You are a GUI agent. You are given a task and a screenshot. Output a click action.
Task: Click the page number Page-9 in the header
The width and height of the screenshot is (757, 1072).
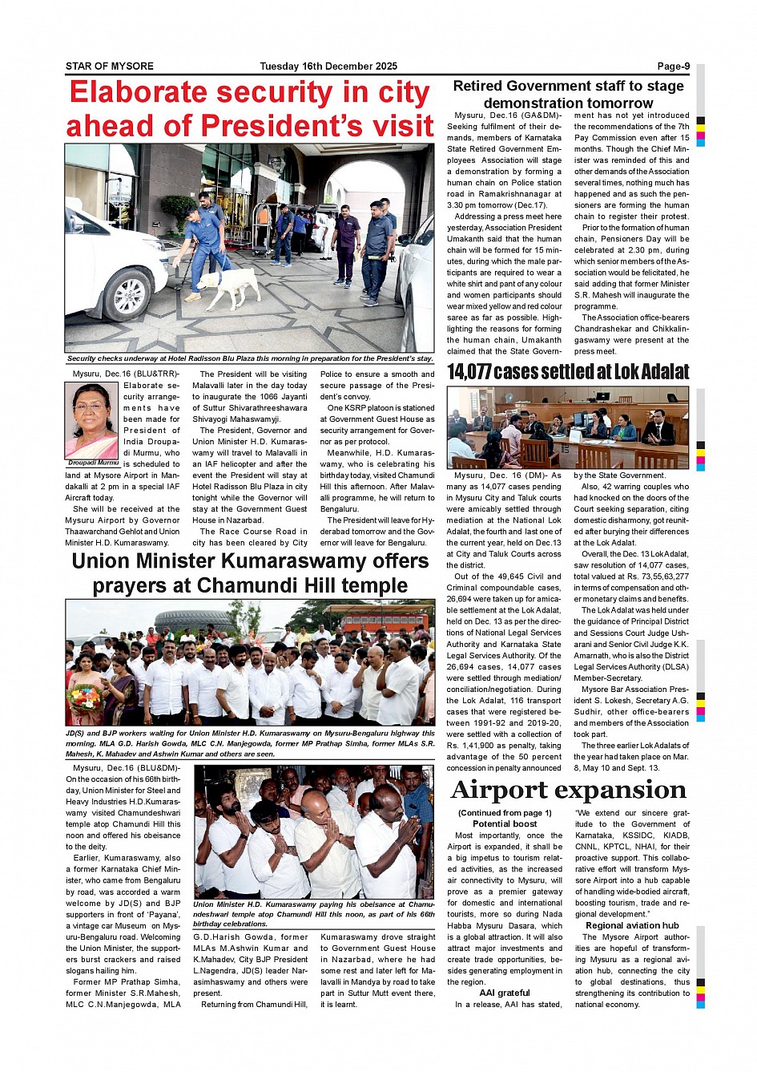coord(673,67)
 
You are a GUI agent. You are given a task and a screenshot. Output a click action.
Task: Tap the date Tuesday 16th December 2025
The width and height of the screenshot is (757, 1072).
coord(328,67)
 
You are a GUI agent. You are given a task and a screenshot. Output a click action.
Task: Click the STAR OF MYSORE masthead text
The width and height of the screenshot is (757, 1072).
coord(110,67)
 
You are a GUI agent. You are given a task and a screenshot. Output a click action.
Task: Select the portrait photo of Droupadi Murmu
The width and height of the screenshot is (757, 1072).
coord(91,420)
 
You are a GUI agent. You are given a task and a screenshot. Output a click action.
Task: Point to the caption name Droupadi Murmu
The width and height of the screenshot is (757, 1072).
coord(92,463)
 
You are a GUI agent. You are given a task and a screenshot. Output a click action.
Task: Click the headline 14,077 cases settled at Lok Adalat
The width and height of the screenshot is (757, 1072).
coord(567,372)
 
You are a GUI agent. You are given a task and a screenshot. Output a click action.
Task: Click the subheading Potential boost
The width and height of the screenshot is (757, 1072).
coord(505,823)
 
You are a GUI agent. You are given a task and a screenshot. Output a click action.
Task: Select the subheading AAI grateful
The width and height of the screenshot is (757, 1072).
coord(505,993)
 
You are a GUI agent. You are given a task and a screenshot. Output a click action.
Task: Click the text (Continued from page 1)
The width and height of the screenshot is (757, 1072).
coord(505,813)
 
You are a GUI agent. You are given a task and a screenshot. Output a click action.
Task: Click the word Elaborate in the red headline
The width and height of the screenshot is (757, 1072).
coord(138,93)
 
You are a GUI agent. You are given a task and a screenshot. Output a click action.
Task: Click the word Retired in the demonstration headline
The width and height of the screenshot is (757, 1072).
coord(477,87)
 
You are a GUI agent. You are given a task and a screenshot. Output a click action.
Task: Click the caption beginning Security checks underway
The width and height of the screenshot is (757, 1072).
coord(250,359)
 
